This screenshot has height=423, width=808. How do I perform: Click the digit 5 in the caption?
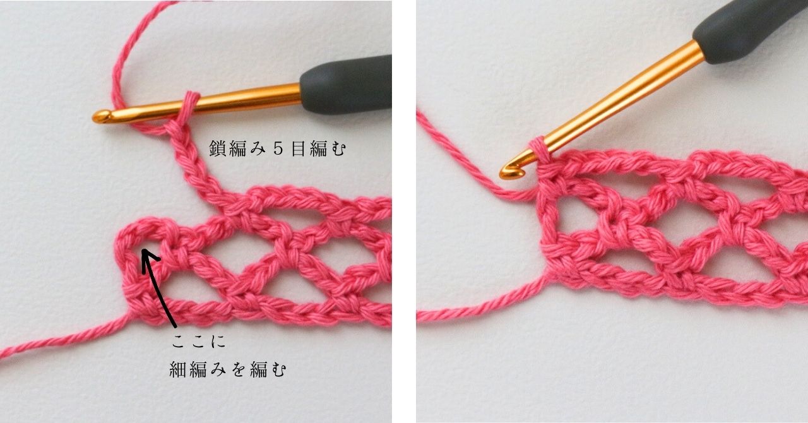pyautogui.click(x=278, y=149)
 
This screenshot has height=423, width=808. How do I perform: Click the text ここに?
pyautogui.click(x=198, y=342)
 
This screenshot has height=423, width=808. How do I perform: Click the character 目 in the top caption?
pyautogui.click(x=299, y=149)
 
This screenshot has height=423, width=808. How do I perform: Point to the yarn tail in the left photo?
pyautogui.click(x=65, y=336)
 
